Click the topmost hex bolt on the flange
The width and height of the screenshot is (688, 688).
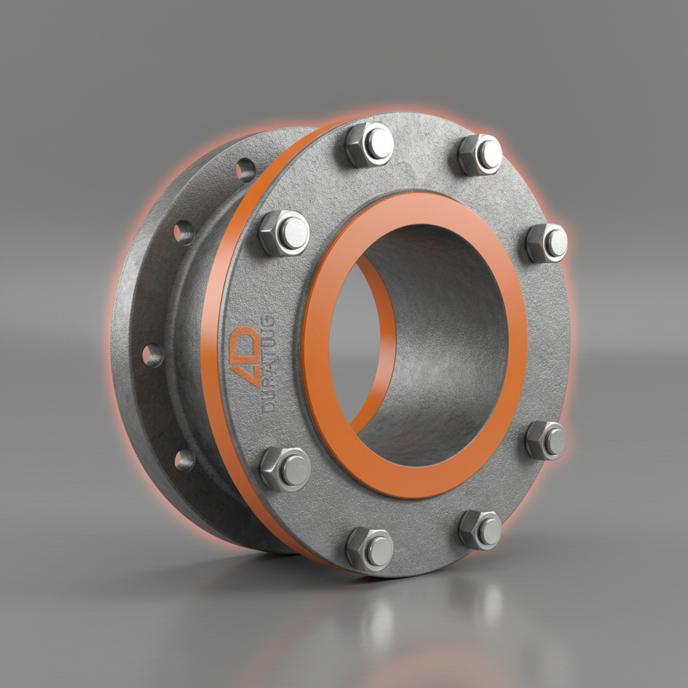369,144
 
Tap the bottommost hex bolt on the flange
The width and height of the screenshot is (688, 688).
369,548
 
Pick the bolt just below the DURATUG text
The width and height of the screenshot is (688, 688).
285,468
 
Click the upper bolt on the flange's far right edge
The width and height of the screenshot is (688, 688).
547,243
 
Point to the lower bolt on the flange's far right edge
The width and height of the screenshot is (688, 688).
546,440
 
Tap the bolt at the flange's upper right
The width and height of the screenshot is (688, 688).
480,155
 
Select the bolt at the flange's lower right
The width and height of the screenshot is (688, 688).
480,529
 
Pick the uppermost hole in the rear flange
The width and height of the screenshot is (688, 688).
245,170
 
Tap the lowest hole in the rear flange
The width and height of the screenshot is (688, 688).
184,460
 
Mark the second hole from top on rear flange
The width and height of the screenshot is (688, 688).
183,232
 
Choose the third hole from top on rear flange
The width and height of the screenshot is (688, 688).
153,355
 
